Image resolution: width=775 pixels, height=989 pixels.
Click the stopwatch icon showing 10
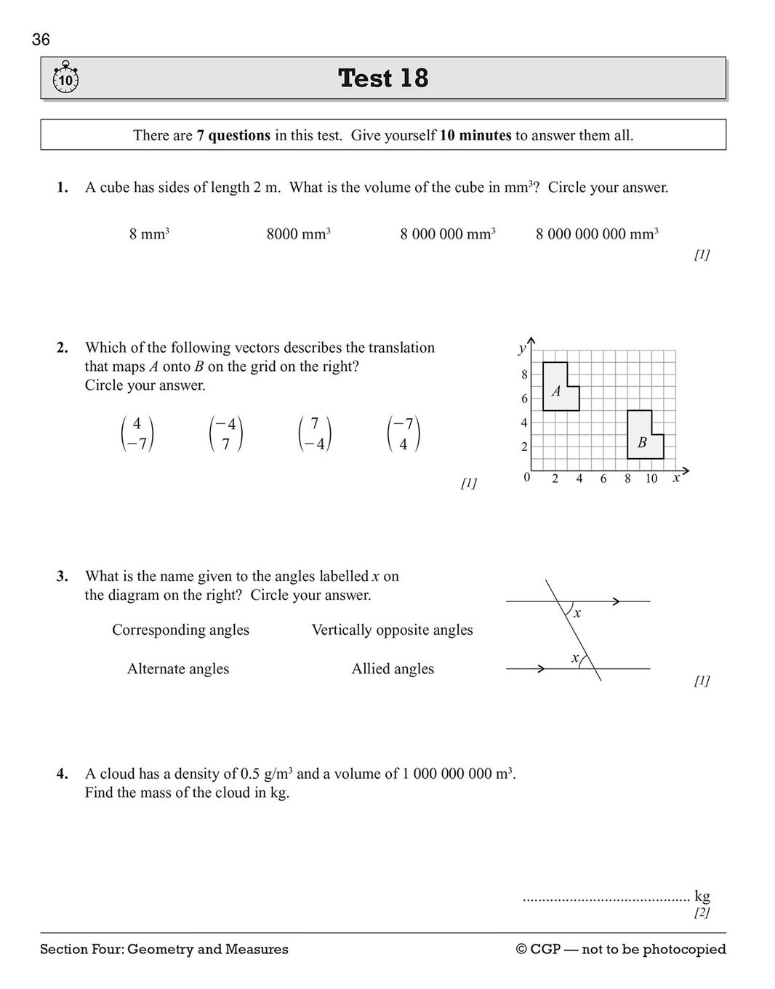[x=65, y=78]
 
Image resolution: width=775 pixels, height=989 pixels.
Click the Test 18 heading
[x=383, y=78]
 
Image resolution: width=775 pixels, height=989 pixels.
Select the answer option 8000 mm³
[x=298, y=234]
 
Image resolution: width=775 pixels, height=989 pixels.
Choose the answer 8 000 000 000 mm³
[x=597, y=234]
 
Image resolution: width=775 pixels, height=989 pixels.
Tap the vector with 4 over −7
[x=137, y=434]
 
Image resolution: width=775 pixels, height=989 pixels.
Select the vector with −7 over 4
[x=403, y=434]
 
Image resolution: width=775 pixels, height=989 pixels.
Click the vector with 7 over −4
[x=314, y=434]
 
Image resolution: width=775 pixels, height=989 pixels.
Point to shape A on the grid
[x=558, y=389]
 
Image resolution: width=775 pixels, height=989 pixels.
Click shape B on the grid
[x=643, y=438]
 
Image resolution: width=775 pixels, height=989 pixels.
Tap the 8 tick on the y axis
[x=524, y=375]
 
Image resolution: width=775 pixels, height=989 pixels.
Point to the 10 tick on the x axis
[x=651, y=479]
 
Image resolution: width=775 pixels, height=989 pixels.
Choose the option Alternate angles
[x=178, y=669]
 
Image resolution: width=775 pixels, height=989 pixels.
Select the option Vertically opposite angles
[x=392, y=630]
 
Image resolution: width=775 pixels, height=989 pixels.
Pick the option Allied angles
[x=393, y=669]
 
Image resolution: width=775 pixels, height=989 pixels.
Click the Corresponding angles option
[x=180, y=630]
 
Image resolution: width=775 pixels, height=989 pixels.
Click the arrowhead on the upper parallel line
[x=615, y=601]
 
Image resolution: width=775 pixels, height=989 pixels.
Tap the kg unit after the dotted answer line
[x=702, y=897]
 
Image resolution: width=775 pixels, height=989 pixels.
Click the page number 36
[x=41, y=40]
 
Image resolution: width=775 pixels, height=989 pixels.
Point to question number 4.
[x=62, y=774]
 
